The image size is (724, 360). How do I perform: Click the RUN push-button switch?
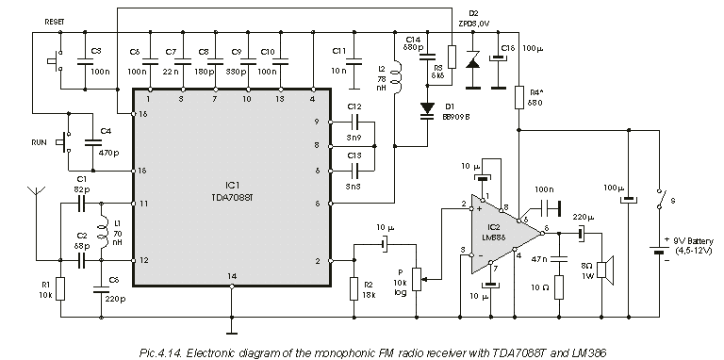click(x=65, y=143)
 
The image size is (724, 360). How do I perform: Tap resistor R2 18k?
click(x=354, y=286)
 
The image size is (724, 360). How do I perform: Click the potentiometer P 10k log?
click(x=420, y=278)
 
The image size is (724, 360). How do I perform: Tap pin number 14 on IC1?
click(x=231, y=275)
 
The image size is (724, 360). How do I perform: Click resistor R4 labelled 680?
click(x=518, y=96)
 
